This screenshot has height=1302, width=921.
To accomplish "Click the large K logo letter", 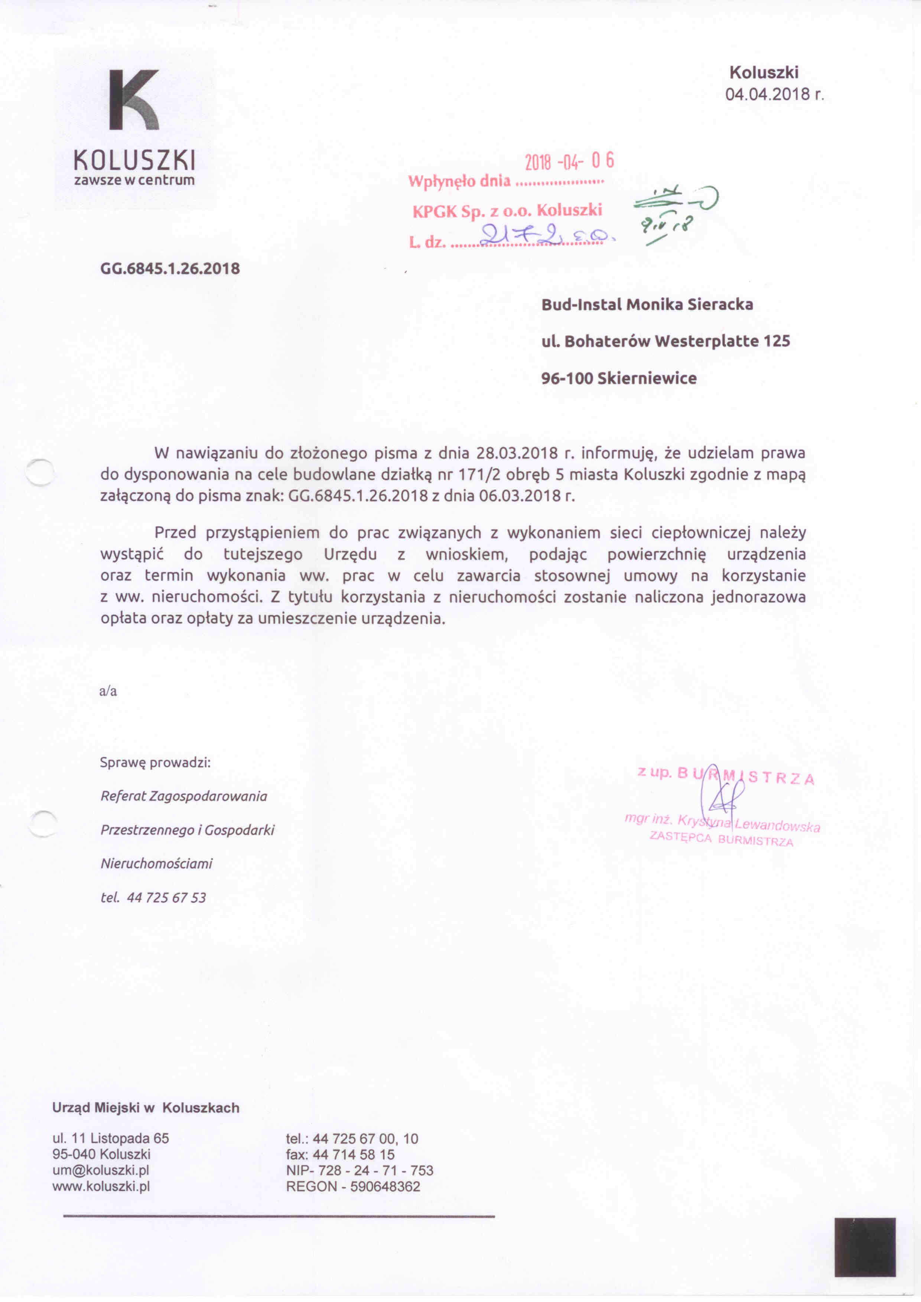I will [134, 100].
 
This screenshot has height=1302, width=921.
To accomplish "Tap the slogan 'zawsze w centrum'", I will [134, 180].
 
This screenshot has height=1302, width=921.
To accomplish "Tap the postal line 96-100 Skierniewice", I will [619, 378].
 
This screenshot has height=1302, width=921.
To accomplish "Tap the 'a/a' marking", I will [108, 691].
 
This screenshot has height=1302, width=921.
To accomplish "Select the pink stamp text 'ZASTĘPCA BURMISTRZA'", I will [721, 839].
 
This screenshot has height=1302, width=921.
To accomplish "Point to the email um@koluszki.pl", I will [100, 1169].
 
